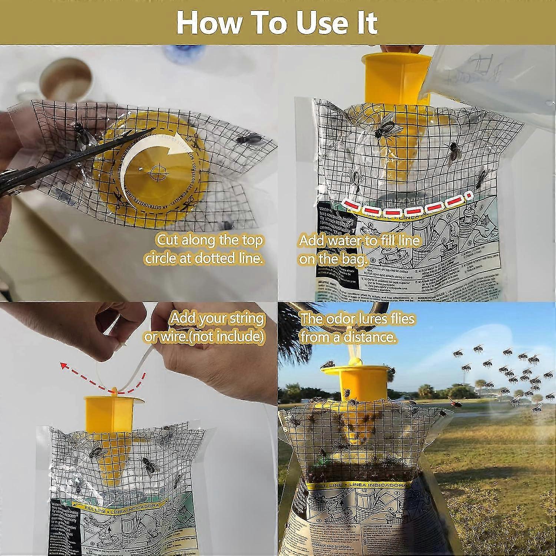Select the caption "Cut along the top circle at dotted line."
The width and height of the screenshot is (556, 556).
click(204, 249)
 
